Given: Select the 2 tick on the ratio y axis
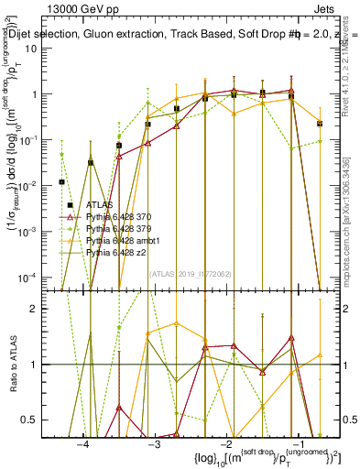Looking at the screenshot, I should coord(42,309).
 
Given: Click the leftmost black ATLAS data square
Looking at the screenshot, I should coord(62,181).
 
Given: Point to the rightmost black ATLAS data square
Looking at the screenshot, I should coord(320,123).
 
